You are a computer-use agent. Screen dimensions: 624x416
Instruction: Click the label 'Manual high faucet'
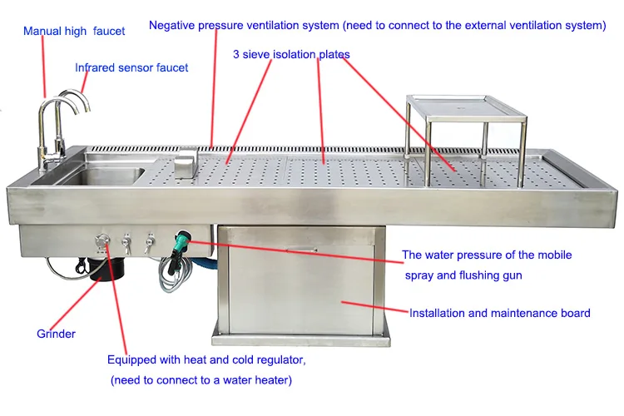74,32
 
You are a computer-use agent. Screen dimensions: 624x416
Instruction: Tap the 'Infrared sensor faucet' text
131,67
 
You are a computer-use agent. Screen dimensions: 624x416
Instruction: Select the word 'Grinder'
56,334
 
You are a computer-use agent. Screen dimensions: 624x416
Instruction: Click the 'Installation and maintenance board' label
499,314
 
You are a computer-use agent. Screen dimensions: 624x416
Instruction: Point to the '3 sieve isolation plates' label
291,55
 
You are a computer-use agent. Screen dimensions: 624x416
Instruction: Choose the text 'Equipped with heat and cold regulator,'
206,360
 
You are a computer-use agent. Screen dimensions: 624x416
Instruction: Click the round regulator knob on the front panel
102,240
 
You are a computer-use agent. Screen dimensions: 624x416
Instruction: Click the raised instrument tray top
466,104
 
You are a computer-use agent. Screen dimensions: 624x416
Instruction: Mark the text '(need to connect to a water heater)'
201,380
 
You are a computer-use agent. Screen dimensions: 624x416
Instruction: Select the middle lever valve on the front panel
126,243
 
